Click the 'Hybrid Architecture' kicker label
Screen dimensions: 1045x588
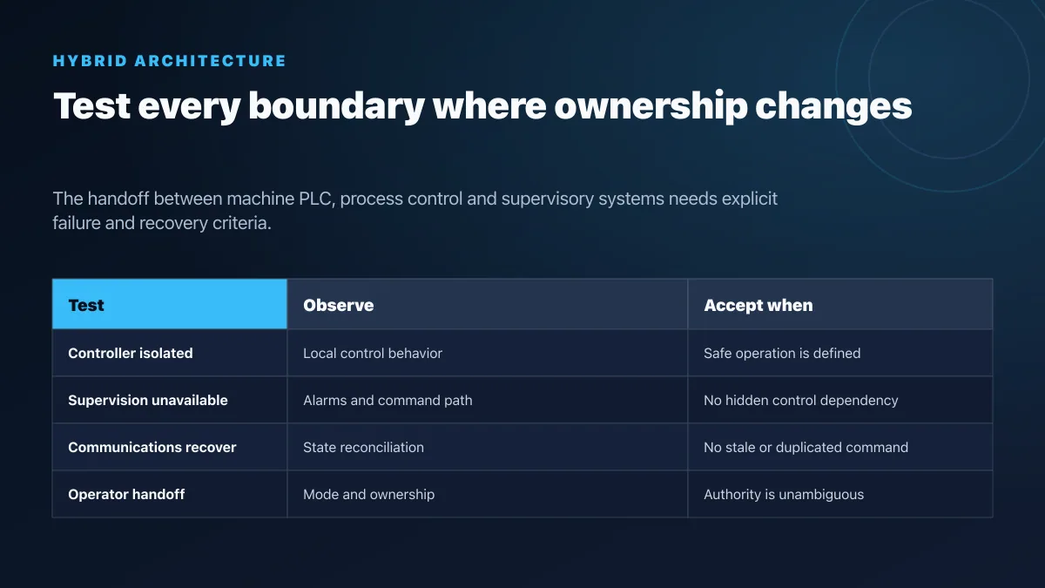pos(169,61)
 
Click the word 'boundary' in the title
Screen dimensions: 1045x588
pos(336,107)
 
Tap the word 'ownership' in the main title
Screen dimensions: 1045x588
pos(651,107)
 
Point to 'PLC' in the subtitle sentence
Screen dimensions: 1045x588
pos(317,199)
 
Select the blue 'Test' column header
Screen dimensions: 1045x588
pos(169,304)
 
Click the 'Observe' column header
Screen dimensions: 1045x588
pos(338,305)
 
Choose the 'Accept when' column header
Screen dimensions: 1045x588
pos(758,305)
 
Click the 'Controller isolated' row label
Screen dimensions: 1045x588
pos(130,354)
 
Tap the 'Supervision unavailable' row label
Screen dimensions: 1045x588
pos(148,401)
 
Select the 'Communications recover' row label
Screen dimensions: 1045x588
pos(152,448)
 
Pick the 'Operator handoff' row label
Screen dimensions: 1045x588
pos(126,494)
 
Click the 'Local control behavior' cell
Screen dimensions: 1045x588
pos(373,354)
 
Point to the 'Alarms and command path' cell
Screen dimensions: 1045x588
pos(388,401)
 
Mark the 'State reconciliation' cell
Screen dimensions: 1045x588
pos(363,448)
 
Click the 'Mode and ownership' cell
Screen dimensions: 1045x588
pos(368,494)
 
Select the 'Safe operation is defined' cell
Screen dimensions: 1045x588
pos(782,354)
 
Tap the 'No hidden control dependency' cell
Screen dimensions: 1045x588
pos(800,401)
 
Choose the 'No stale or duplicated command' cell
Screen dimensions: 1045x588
pos(806,448)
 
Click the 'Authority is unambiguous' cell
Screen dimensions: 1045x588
pos(784,494)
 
